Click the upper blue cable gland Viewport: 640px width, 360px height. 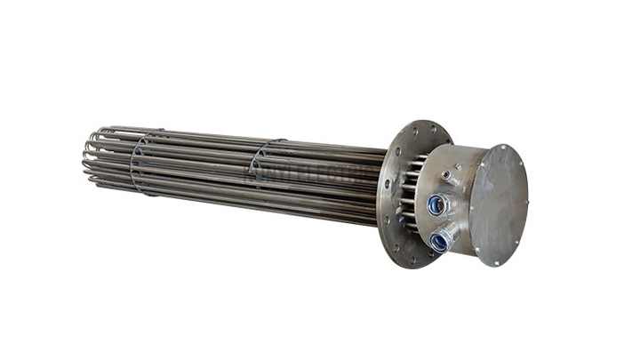point(436,205)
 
